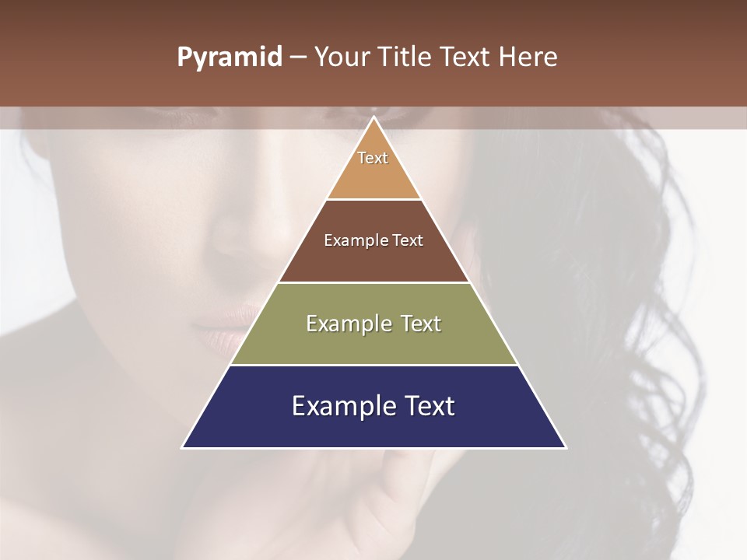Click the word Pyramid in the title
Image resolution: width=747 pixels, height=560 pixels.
pos(229,58)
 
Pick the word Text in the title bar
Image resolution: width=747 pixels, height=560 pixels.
pos(465,58)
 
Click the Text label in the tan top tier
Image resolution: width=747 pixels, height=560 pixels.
pos(373,158)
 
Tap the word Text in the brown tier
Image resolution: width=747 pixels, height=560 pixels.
pos(408,241)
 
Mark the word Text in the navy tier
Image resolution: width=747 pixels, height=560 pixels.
pos(429,406)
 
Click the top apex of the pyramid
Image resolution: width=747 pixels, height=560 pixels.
pos(373,117)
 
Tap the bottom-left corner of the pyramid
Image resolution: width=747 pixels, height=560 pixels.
pos(184,447)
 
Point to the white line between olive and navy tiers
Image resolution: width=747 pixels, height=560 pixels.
pos(373,365)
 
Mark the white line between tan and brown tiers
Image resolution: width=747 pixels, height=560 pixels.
pos(373,199)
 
